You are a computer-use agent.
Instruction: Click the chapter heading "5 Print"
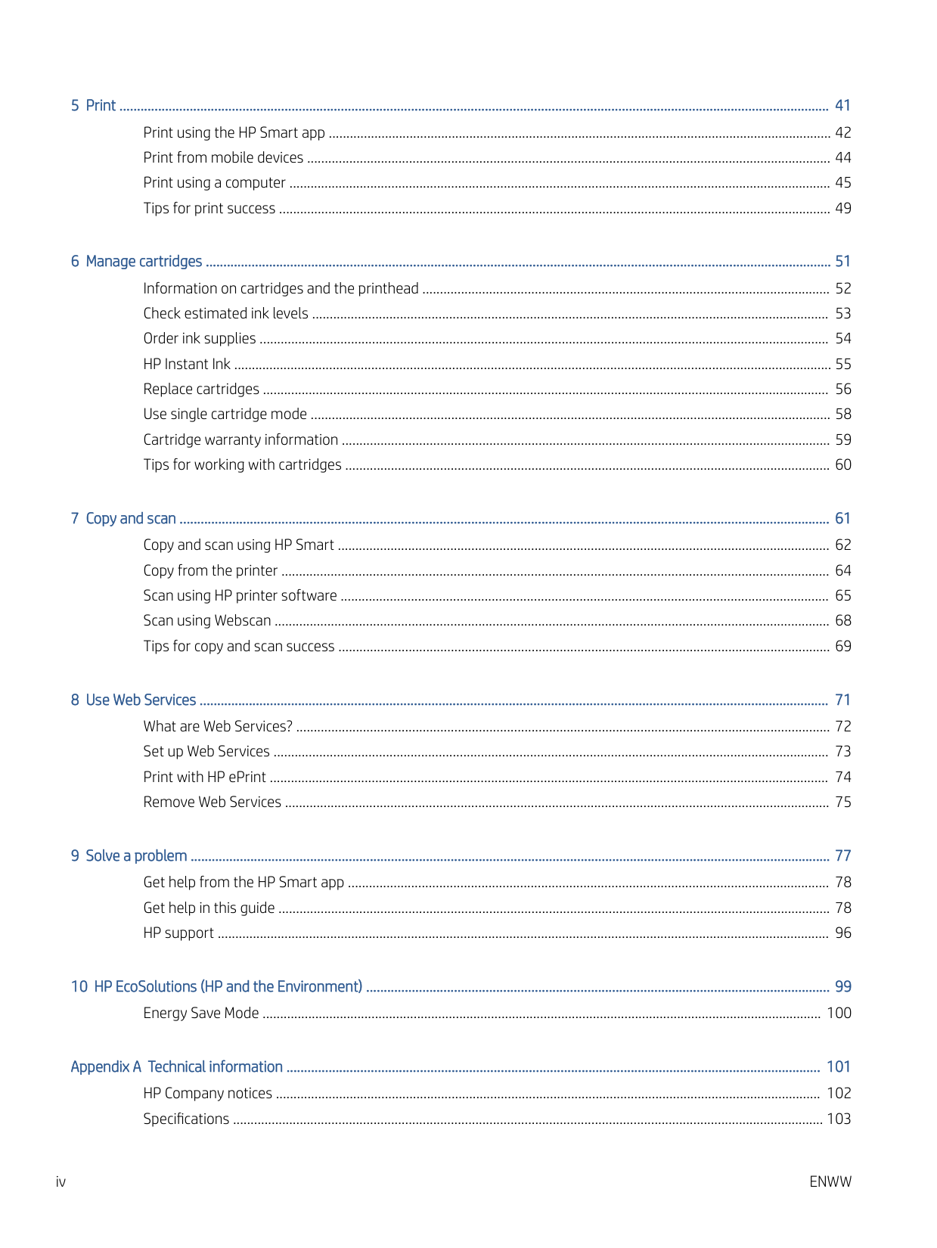(93, 106)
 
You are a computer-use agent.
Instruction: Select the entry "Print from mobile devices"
(223, 157)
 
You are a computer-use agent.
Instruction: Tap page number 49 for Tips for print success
(842, 208)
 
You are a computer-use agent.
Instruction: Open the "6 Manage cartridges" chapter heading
(136, 262)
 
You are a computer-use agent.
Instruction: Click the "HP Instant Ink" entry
(187, 364)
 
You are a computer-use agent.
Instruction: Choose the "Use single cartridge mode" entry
(225, 414)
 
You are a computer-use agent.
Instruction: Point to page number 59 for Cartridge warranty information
(842, 439)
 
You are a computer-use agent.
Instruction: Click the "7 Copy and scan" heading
(123, 519)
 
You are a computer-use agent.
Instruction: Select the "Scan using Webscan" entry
(206, 621)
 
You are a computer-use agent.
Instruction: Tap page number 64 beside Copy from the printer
(842, 570)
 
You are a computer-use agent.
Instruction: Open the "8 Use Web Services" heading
(133, 700)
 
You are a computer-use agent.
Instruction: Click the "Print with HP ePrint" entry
(204, 777)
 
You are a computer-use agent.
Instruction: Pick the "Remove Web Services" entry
(212, 803)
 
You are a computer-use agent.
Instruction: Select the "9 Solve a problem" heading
(129, 856)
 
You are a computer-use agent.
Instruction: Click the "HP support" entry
(178, 933)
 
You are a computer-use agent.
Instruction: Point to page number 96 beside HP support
(842, 933)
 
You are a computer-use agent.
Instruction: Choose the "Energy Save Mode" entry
(200, 1014)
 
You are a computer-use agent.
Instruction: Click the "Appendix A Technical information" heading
(176, 1067)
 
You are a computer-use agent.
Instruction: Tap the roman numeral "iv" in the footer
(61, 1182)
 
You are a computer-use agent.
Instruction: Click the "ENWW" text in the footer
(830, 1182)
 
